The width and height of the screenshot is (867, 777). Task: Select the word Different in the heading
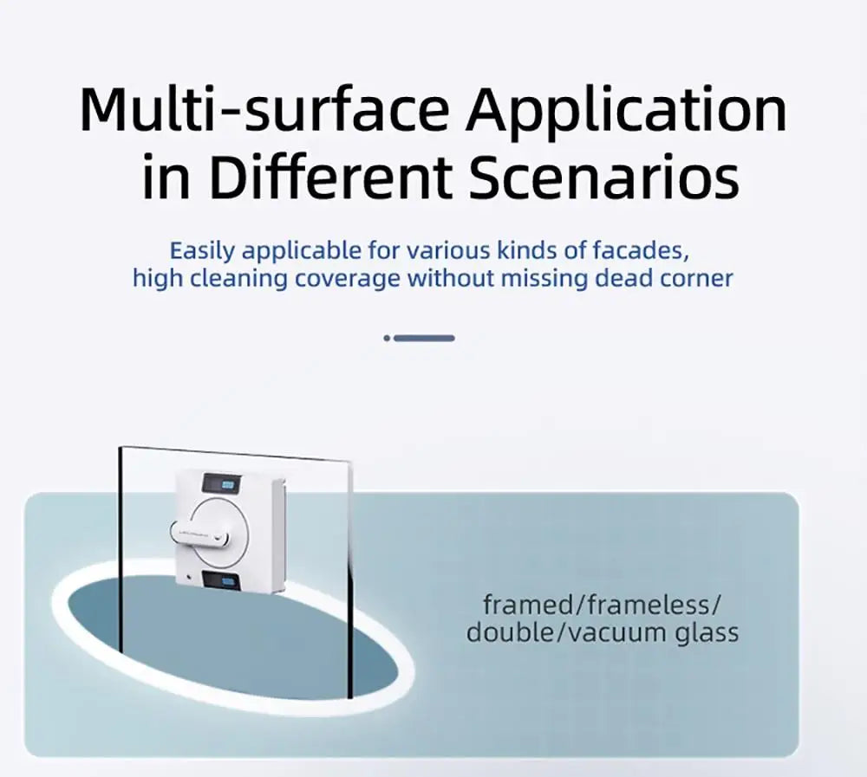point(332,178)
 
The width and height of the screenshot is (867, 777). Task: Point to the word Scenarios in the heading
point(605,178)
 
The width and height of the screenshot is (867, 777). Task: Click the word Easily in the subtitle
point(202,252)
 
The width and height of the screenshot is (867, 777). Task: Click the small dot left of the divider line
point(387,338)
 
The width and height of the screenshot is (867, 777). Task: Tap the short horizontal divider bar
point(424,338)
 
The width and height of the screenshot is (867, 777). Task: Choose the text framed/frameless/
point(602,604)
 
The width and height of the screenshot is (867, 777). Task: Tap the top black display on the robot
point(223,482)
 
